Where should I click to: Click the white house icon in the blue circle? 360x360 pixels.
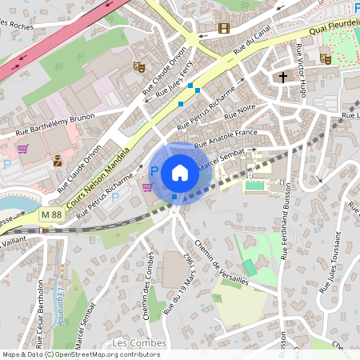click(x=180, y=173)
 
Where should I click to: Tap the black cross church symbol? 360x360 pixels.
click(x=282, y=78)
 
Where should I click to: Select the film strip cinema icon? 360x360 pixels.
click(x=223, y=28)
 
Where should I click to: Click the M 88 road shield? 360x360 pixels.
click(x=51, y=214)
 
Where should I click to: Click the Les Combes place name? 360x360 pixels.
click(x=139, y=343)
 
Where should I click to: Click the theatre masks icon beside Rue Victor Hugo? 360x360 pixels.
click(x=325, y=58)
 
